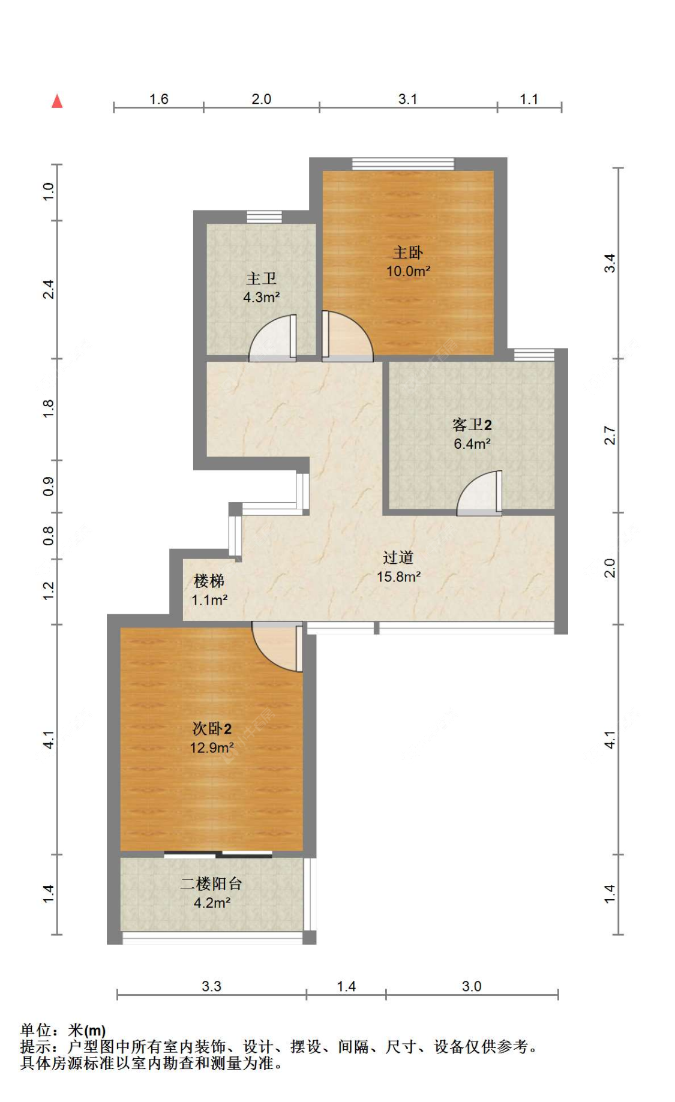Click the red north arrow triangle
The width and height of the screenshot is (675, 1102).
click(x=57, y=101)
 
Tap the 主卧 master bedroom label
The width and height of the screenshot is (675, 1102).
click(x=408, y=253)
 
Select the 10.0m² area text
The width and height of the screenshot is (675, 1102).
click(x=408, y=271)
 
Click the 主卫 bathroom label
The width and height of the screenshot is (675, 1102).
click(x=262, y=279)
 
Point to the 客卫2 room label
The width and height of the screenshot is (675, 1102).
click(x=472, y=425)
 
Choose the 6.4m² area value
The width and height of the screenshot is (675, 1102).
click(x=472, y=444)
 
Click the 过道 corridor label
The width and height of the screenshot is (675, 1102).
click(x=398, y=558)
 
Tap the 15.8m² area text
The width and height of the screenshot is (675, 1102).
click(x=398, y=577)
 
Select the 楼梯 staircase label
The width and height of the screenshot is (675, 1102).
click(x=209, y=581)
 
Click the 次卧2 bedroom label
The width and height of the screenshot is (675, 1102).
click(x=212, y=729)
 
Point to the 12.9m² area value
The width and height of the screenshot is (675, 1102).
click(x=212, y=748)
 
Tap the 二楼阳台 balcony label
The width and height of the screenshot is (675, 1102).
click(x=212, y=884)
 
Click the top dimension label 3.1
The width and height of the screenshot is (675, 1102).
click(x=408, y=99)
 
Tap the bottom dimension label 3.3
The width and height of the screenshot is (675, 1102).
click(x=211, y=986)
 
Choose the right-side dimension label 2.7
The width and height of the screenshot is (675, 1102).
click(x=610, y=436)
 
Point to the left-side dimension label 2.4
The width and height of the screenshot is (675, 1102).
click(x=49, y=290)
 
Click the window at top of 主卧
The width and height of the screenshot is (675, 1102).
click(x=403, y=164)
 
